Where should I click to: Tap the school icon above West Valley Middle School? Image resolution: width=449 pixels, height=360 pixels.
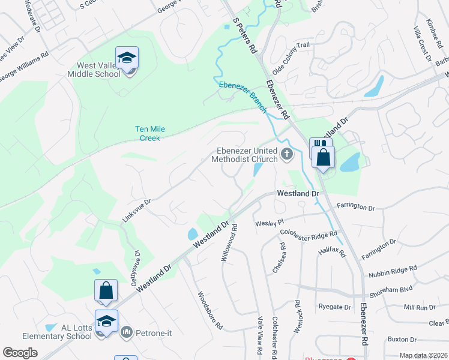pos(127,58)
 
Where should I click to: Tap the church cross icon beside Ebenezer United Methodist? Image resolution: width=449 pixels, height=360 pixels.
pos(286,154)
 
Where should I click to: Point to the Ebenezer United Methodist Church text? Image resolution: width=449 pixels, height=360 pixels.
pos(244,155)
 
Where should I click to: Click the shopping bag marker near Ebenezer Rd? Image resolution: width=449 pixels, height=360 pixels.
pos(323,158)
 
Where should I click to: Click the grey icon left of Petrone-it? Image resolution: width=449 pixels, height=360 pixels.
pos(127,331)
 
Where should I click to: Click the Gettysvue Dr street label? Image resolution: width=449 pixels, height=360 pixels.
pos(134,268)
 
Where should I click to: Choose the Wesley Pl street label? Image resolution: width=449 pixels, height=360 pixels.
pos(269,223)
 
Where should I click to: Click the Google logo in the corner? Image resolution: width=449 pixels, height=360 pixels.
pos(20,353)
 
